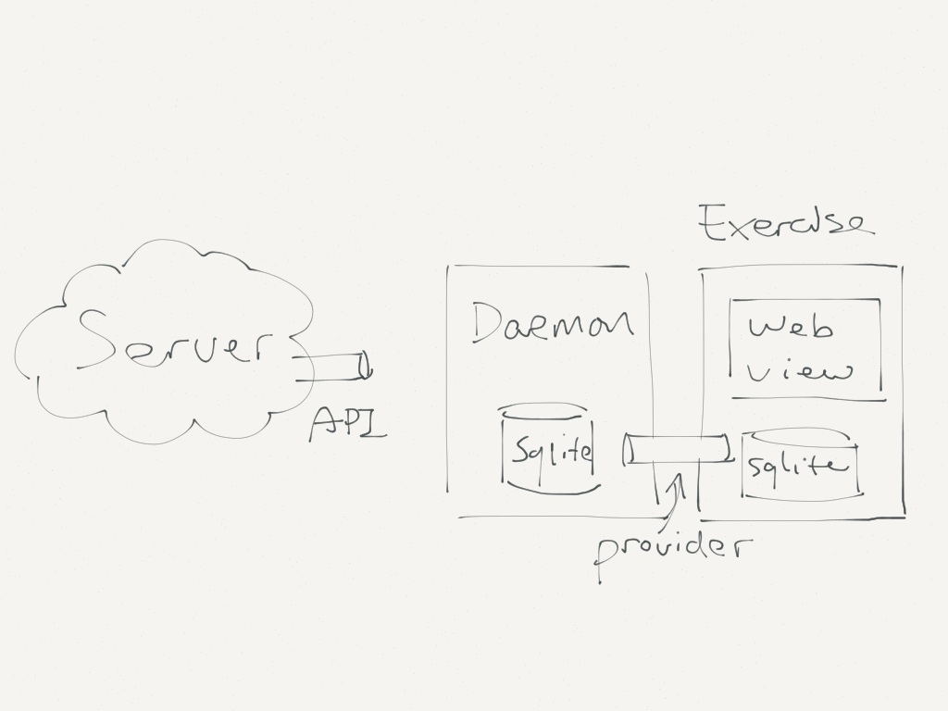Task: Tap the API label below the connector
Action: (x=348, y=424)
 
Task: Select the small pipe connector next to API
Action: (x=332, y=367)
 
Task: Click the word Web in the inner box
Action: (x=791, y=328)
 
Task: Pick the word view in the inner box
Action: (x=799, y=371)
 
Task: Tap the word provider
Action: (x=674, y=550)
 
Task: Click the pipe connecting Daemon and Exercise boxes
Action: (x=677, y=449)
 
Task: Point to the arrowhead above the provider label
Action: (x=678, y=481)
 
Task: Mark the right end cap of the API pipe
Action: (x=365, y=367)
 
